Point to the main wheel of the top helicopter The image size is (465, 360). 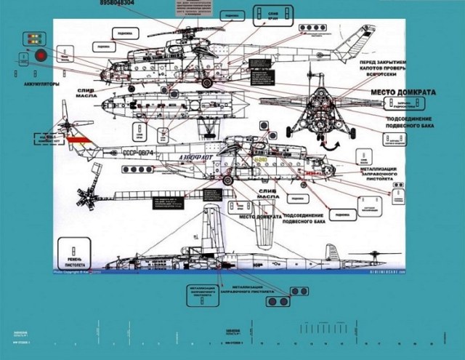(207, 84)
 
